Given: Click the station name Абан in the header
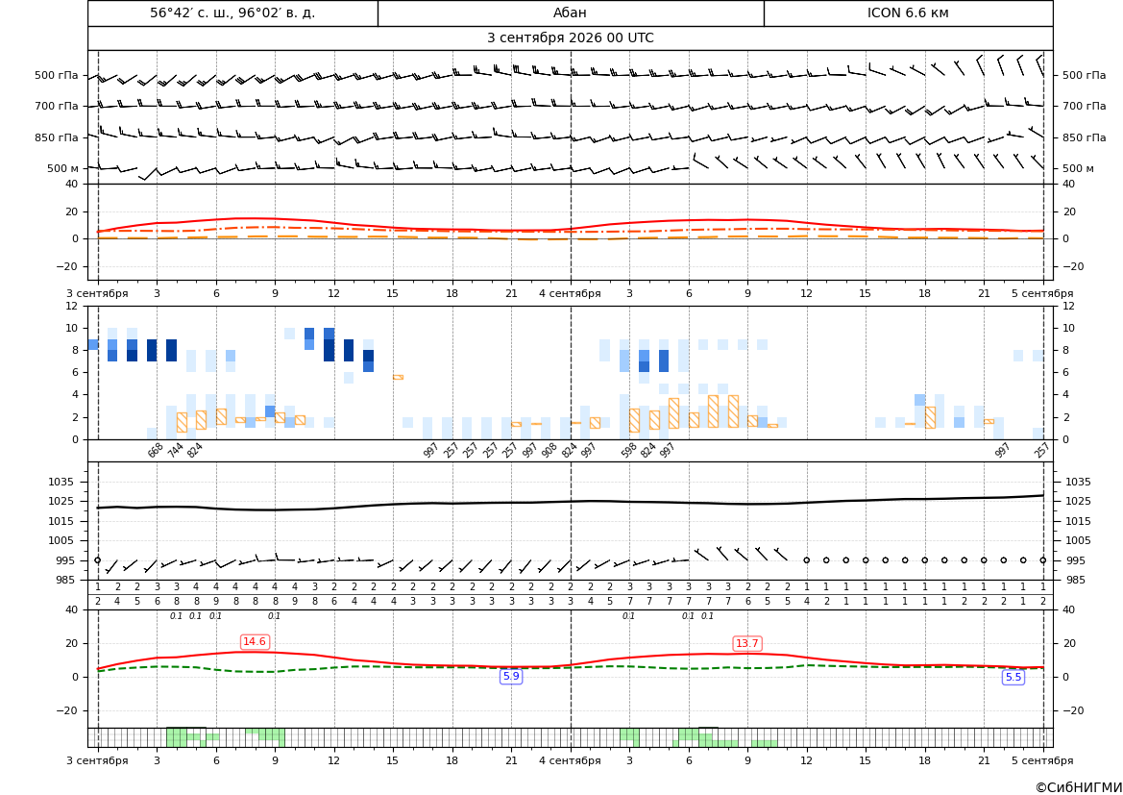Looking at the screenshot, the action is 570,12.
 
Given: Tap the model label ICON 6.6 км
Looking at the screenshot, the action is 908,12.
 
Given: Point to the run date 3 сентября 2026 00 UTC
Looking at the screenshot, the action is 570,38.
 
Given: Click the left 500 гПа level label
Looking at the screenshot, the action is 57,75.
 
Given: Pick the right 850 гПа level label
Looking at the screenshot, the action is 1084,137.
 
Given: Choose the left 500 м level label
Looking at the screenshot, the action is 63,168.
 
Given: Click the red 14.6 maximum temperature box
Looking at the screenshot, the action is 255,641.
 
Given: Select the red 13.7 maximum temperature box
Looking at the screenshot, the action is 747,643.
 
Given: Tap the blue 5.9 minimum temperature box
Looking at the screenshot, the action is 511,676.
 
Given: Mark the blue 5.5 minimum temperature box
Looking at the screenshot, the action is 1013,677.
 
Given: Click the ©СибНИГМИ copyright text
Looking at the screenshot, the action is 1079,787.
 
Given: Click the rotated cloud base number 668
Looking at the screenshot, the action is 156,450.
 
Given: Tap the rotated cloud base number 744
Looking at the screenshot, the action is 175,450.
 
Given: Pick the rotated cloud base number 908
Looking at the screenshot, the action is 549,450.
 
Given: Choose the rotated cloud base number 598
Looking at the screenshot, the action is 628,450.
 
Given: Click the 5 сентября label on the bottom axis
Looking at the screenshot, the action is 1042,759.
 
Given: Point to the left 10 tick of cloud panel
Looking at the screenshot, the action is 72,329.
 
